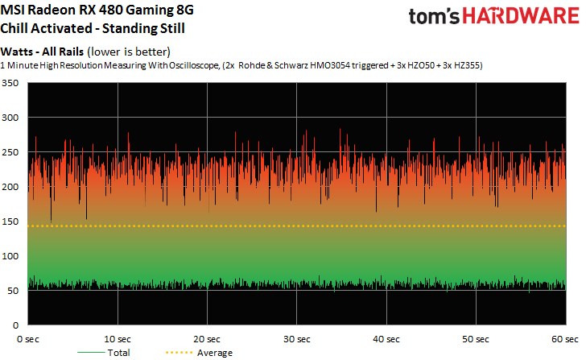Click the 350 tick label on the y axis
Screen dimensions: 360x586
click(11, 83)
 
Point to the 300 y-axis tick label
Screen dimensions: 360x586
click(11, 118)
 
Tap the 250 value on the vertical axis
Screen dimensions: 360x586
click(11, 152)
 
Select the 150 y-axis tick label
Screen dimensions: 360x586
click(11, 221)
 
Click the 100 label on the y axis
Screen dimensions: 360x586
click(11, 255)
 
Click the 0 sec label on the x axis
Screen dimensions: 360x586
click(31, 339)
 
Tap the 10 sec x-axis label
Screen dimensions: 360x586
click(118, 339)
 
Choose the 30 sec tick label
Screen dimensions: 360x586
click(297, 339)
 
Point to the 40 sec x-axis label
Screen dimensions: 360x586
click(386, 339)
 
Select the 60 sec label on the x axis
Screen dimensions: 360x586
click(564, 339)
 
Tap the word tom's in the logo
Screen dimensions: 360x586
click(435, 19)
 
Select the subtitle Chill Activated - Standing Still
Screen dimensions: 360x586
click(93, 30)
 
